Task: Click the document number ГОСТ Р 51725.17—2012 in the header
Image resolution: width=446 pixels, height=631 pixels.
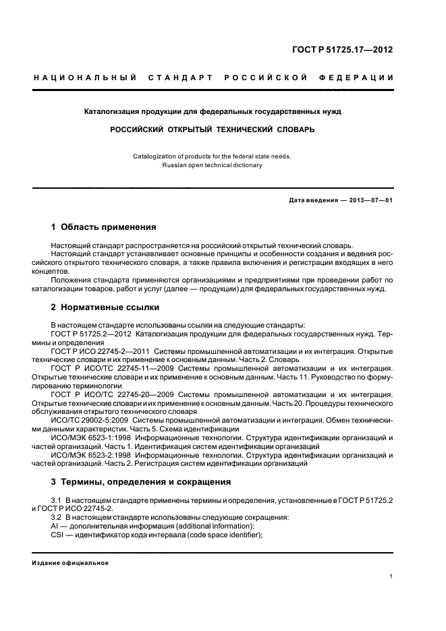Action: pyautogui.click(x=343, y=49)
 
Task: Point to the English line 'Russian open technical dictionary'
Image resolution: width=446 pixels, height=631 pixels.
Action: pyautogui.click(x=212, y=164)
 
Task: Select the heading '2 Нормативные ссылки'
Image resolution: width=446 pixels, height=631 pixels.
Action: pyautogui.click(x=105, y=307)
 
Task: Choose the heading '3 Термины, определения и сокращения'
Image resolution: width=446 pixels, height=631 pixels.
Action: pyautogui.click(x=141, y=482)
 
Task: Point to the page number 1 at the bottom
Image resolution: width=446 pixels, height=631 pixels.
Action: pyautogui.click(x=391, y=576)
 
